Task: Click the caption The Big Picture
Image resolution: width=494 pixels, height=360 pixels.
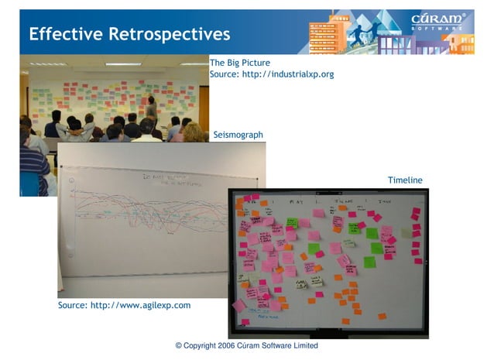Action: pos(239,62)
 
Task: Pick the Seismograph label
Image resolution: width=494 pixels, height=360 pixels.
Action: pos(238,135)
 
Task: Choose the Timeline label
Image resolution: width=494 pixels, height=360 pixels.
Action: pos(405,180)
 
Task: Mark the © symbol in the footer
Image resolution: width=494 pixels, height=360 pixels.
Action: pos(179,346)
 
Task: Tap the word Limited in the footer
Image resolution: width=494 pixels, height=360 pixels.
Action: pos(303,346)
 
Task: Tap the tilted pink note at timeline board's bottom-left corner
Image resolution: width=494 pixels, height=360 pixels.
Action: pos(239,305)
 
